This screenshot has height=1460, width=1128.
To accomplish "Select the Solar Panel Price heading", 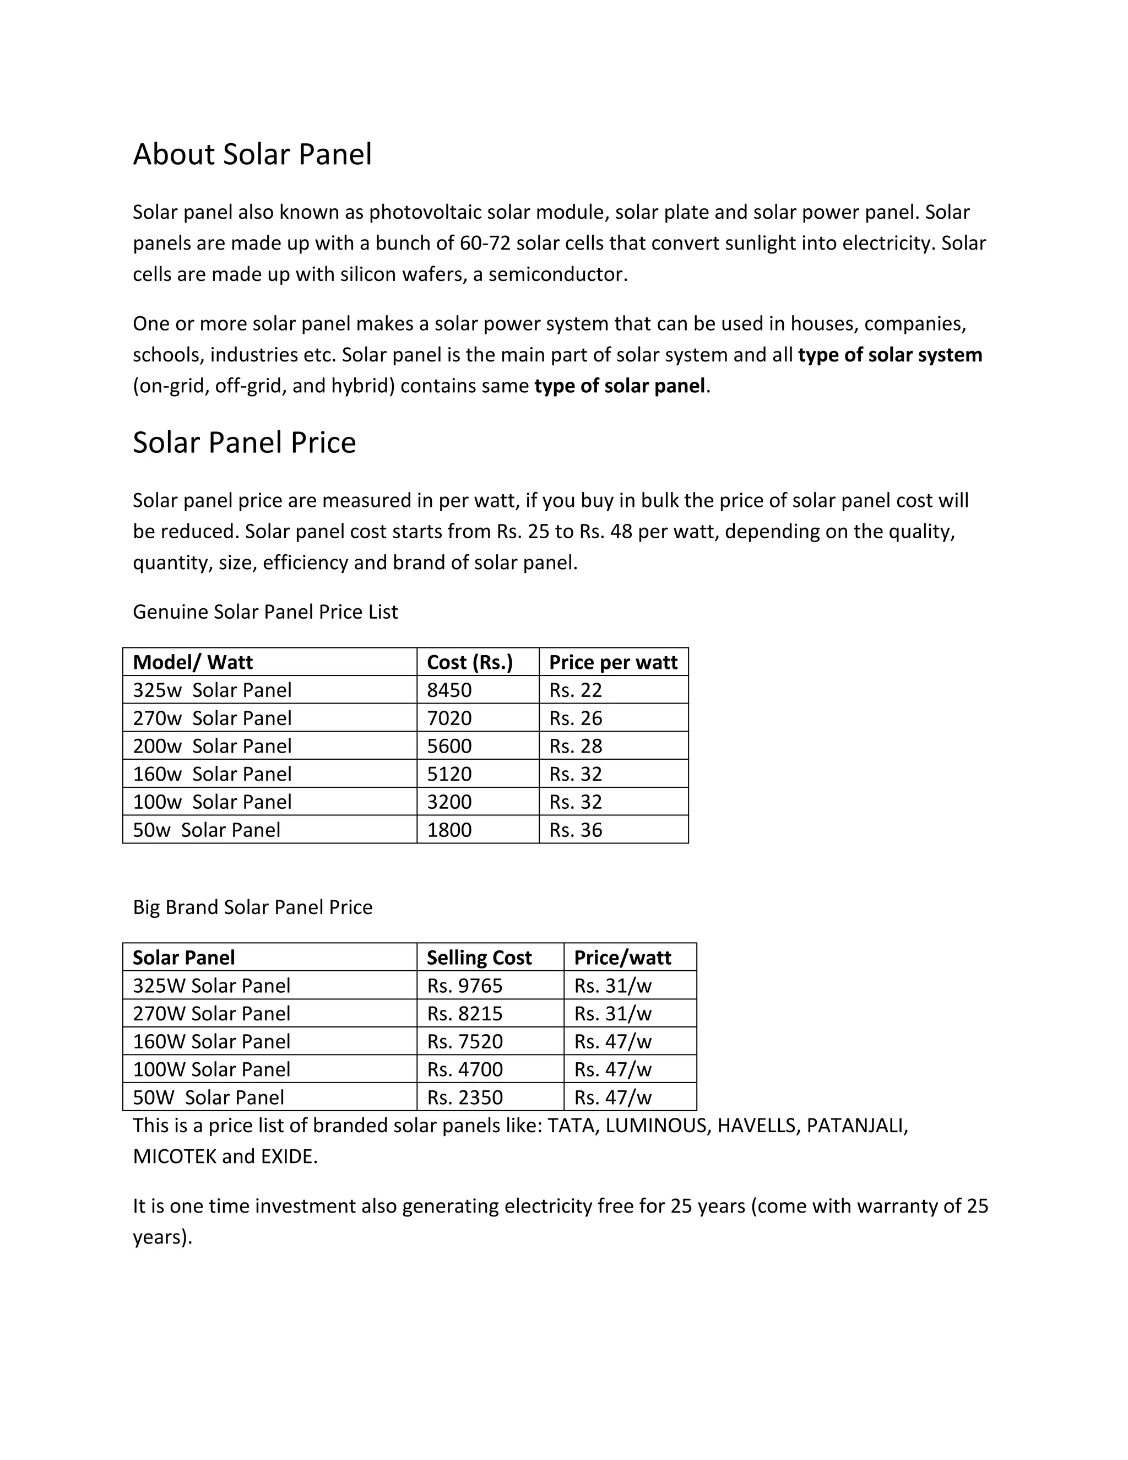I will (x=244, y=442).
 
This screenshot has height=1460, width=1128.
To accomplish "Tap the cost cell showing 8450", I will (x=449, y=690).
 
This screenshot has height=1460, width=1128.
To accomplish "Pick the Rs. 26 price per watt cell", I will (x=576, y=718).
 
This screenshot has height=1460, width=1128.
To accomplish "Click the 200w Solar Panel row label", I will (x=212, y=746).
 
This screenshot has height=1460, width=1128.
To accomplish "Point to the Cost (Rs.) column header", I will (x=469, y=662).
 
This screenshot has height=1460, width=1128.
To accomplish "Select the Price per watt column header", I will (x=613, y=662).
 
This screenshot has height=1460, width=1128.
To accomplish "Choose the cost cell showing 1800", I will (x=449, y=830).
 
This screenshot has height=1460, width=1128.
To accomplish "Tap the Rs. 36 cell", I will (x=576, y=830).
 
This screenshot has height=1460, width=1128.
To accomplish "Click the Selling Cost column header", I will (x=479, y=958).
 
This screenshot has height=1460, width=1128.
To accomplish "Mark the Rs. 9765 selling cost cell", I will (x=464, y=986).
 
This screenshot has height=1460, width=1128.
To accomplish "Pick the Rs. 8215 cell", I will (x=464, y=1013).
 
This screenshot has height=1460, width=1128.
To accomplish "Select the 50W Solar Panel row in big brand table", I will (x=209, y=1097).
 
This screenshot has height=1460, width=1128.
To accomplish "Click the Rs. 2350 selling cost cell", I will (x=464, y=1097).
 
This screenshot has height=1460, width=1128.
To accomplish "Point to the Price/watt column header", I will (x=622, y=958).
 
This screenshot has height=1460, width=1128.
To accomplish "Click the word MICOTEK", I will (x=175, y=1156).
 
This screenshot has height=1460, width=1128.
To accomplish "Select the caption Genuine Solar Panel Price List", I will (x=265, y=612).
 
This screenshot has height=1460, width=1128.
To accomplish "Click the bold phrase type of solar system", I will (x=890, y=355).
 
